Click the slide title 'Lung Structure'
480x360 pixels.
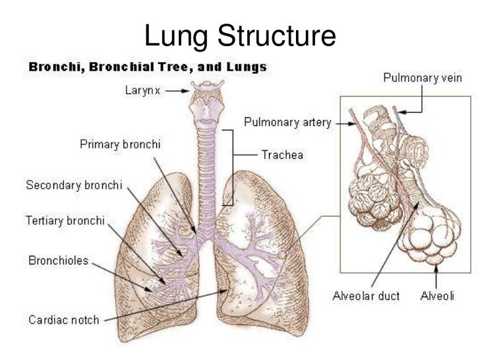point(240,36)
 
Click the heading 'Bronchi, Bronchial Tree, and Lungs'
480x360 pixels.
point(147,67)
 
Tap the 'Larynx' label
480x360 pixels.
point(142,90)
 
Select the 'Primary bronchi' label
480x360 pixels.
point(121,143)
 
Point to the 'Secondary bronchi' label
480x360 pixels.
point(74,185)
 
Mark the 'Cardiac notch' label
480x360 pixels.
point(64,320)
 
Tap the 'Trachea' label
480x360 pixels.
point(282,156)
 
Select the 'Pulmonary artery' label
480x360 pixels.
point(287,122)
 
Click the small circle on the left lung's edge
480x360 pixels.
point(283,253)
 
